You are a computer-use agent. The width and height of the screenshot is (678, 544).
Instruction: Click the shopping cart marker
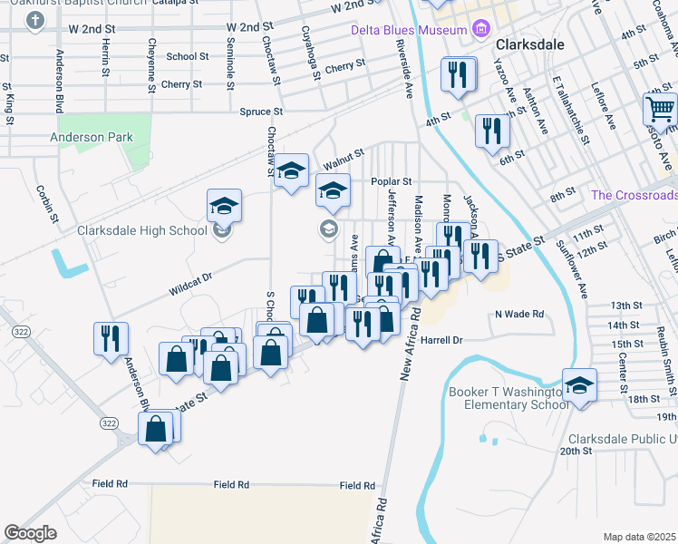coord(661,110)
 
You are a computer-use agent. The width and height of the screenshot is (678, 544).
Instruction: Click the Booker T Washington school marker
coord(578,385)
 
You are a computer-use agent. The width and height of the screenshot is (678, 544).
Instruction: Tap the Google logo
coord(30,532)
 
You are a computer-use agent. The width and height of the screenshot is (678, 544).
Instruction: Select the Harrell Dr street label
coord(442,340)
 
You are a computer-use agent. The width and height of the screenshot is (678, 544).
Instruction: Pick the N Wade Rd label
coord(518,314)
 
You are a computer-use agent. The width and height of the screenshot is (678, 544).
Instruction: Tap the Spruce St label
coord(261,112)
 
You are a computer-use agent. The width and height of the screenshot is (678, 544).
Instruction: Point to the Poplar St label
coord(392,181)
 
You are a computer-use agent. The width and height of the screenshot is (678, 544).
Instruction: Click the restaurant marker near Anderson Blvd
coord(111,338)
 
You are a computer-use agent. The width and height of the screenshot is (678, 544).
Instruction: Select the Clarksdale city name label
coord(530,44)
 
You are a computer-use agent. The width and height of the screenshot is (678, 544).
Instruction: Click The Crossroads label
coord(634,195)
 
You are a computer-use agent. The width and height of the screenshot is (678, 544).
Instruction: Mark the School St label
coord(188,56)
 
